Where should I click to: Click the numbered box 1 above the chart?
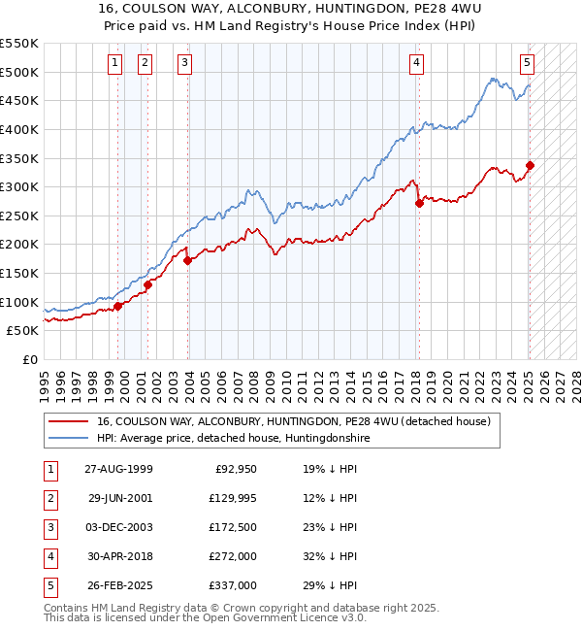[114, 63]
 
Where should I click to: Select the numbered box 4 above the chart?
[416, 63]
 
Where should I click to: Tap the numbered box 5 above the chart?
[527, 63]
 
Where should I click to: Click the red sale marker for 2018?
[419, 203]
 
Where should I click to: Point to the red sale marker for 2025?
[530, 165]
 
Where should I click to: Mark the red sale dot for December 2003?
[187, 260]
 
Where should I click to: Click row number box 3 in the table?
[49, 527]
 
